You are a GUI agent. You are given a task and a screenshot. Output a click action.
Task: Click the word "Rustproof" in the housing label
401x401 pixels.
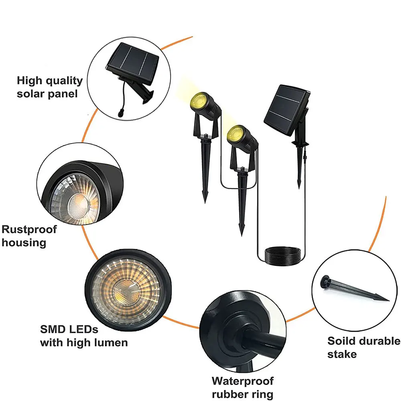tap(29, 230)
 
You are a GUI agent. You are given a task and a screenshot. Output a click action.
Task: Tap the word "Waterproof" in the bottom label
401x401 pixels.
tap(243, 381)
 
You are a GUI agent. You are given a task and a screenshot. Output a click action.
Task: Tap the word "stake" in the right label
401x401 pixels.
tap(342, 354)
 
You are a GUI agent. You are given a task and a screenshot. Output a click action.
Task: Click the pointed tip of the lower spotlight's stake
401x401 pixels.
tap(241, 235)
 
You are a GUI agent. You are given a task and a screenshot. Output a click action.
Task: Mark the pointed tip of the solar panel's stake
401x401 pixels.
tap(299, 187)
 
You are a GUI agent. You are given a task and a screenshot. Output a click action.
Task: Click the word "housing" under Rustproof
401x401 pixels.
tap(24, 243)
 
